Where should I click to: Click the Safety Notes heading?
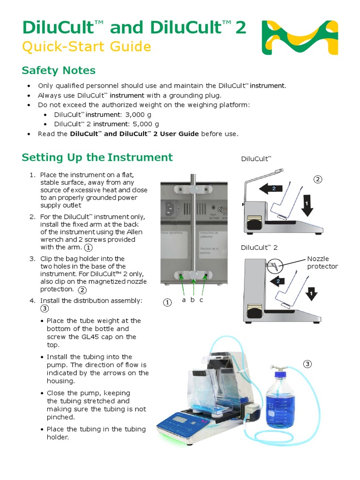59,71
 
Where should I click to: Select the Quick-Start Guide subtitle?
86,47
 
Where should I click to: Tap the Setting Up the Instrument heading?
97,157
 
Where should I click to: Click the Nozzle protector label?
322,262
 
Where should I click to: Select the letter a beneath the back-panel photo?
184,300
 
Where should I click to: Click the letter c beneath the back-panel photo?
202,300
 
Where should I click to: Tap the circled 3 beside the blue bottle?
307,364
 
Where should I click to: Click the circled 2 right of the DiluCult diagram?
318,180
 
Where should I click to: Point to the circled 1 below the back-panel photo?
167,302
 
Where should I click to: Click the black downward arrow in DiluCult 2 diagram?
311,294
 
